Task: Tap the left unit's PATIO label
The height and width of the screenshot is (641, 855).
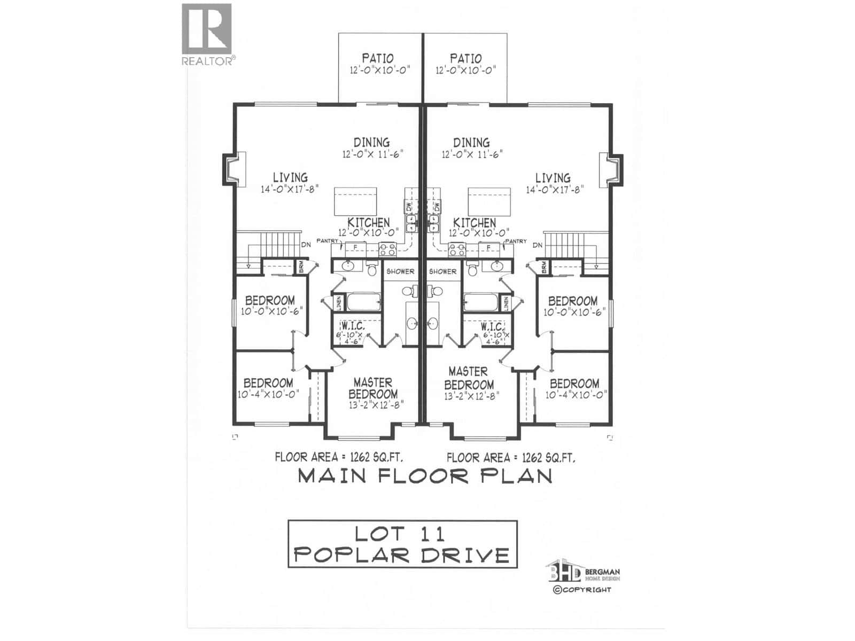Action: [x=378, y=58]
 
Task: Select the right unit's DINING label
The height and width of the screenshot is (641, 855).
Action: [x=471, y=143]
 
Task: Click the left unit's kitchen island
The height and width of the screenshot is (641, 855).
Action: [x=356, y=201]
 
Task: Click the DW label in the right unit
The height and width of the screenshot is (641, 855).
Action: [x=437, y=206]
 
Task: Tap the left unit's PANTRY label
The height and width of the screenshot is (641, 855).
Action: [x=327, y=241]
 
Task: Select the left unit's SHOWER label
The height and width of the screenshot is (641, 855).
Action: [x=400, y=271]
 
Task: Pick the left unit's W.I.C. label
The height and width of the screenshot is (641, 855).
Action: [x=353, y=326]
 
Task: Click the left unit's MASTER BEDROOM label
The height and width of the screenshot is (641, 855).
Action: [x=373, y=388]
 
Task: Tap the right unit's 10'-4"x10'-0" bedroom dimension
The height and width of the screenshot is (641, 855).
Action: [x=576, y=395]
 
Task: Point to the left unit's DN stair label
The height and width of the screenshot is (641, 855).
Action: [x=306, y=245]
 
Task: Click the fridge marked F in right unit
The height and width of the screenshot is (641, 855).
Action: [x=488, y=247]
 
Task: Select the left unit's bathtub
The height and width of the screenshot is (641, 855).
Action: [x=363, y=302]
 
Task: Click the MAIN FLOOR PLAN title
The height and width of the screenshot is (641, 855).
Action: [x=425, y=476]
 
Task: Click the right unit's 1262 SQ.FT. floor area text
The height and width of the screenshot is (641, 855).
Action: [x=548, y=458]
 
